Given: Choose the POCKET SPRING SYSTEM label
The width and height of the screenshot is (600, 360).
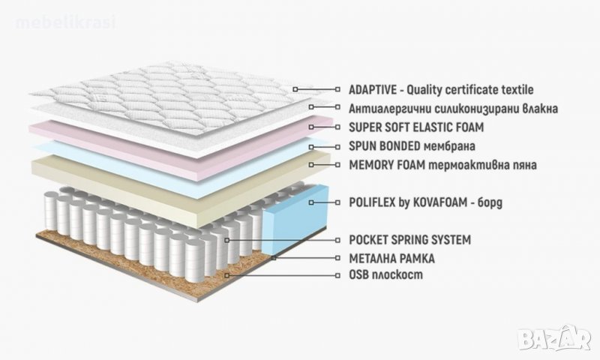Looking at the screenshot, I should [409, 240].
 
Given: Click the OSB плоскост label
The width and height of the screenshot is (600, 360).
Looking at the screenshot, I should [386, 275].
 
